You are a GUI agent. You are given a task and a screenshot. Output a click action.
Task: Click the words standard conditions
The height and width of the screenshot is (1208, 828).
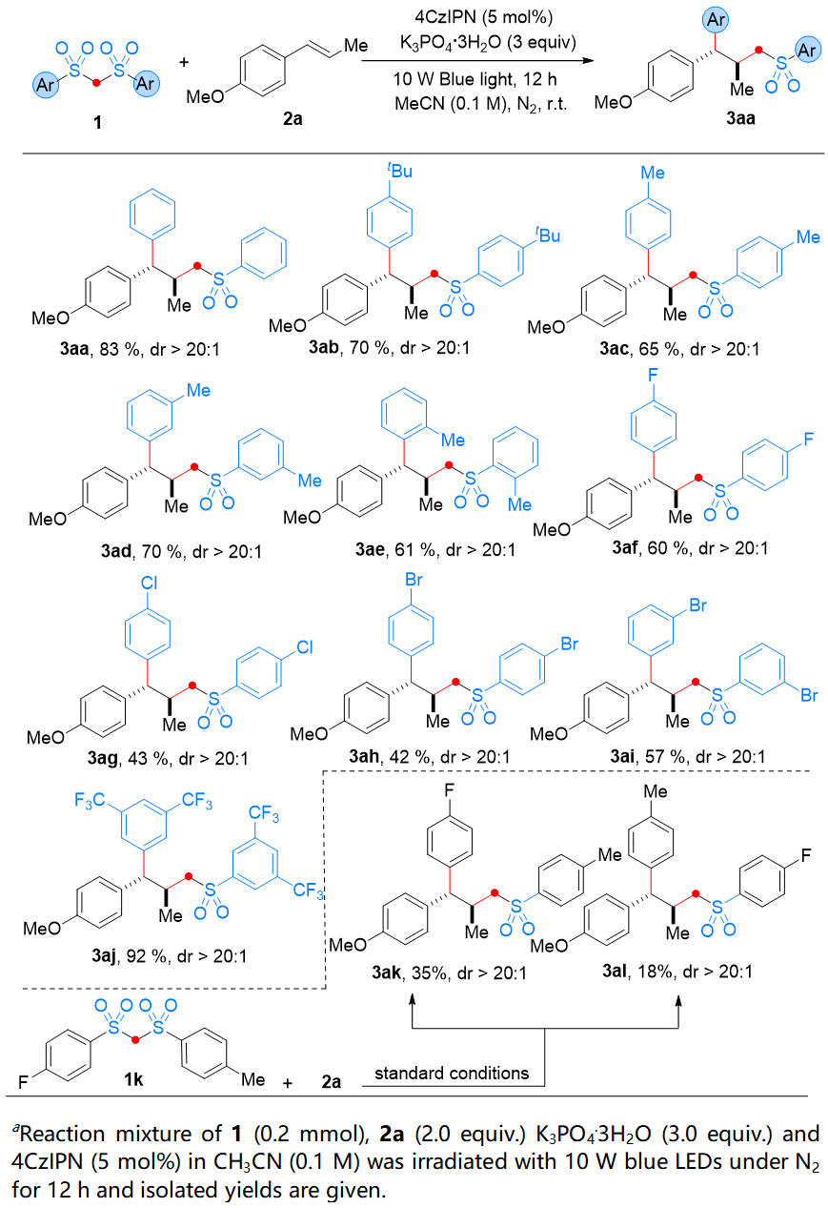point(451,1074)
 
